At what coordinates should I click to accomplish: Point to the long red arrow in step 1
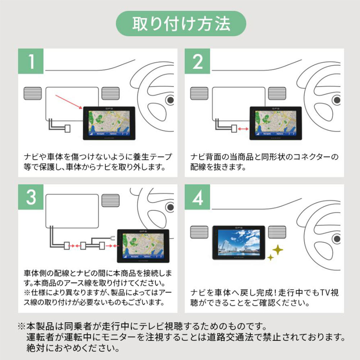68,101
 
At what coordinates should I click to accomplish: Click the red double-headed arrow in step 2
244,128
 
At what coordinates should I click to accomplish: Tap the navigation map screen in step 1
108,122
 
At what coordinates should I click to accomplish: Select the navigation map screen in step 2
275,122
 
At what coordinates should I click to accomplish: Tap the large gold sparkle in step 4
278,249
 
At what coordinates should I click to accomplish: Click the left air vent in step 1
32,93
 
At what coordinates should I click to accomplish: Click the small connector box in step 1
67,128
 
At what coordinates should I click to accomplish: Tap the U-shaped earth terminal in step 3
112,237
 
